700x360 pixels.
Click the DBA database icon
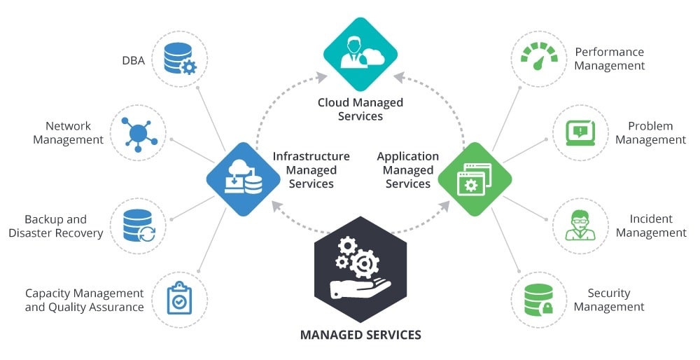pyautogui.click(x=179, y=60)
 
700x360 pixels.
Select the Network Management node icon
pyautogui.click(x=137, y=132)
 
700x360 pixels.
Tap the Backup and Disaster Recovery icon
pyautogui.click(x=138, y=226)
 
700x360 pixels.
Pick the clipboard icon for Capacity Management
pyautogui.click(x=179, y=299)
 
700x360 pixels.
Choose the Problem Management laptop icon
pyautogui.click(x=580, y=132)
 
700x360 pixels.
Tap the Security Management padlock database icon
pyautogui.click(x=539, y=299)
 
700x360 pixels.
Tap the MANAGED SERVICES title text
pyautogui.click(x=360, y=335)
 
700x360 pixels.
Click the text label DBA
pyautogui.click(x=133, y=61)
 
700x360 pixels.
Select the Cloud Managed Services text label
pyautogui.click(x=360, y=109)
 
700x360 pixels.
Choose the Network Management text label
pyautogui.click(x=68, y=132)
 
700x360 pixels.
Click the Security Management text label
pyautogui.click(x=609, y=300)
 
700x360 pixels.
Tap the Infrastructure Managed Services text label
pyautogui.click(x=311, y=169)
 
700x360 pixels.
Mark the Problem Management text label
pyautogui.click(x=650, y=132)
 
